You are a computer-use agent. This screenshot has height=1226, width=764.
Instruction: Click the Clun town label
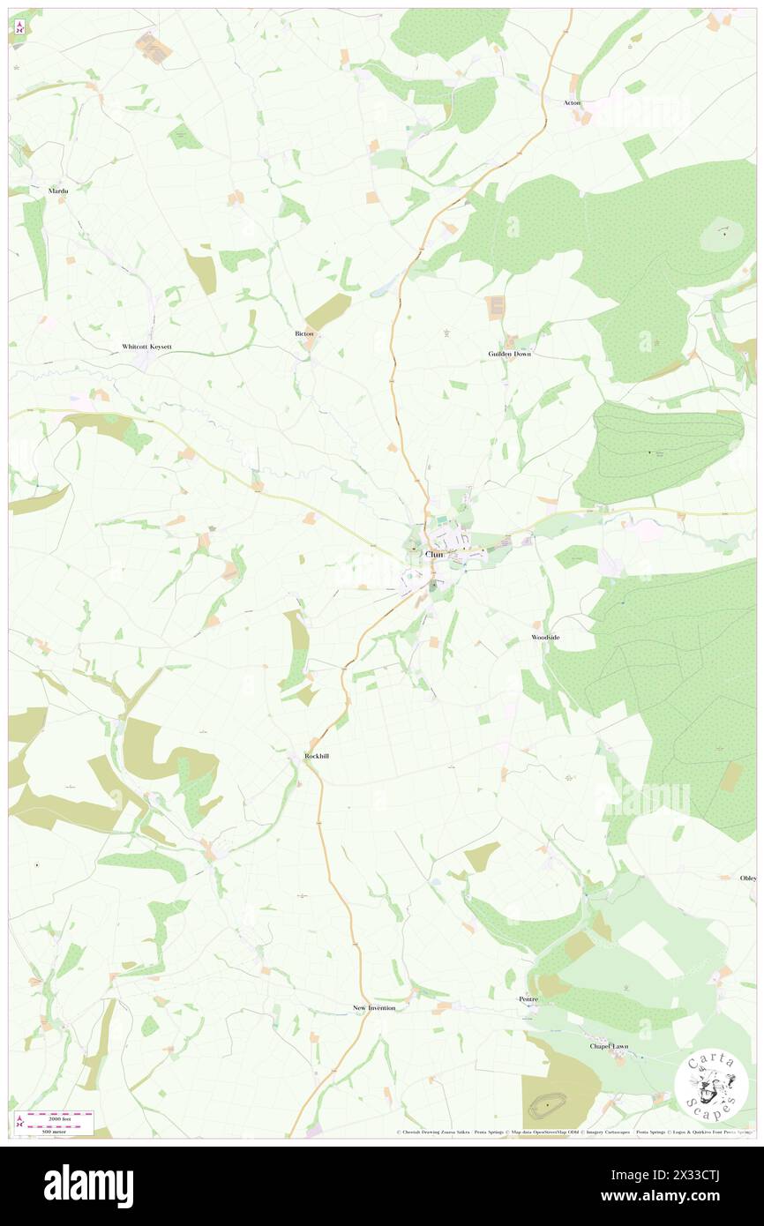(x=433, y=554)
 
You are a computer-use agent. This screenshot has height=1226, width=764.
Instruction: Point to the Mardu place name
(x=58, y=191)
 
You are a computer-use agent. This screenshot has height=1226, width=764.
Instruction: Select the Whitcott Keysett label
(x=146, y=348)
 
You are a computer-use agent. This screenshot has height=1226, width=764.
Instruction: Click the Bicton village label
(x=303, y=334)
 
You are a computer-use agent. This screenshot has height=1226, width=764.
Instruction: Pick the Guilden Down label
(x=510, y=354)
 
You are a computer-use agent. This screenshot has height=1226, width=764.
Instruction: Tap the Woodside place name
(x=545, y=637)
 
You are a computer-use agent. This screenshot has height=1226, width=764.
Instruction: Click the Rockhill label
(x=316, y=756)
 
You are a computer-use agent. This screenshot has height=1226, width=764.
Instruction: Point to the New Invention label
(x=374, y=1007)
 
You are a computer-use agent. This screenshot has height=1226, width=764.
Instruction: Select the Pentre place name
(x=528, y=999)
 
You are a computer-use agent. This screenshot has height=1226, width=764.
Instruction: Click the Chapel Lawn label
(x=610, y=1046)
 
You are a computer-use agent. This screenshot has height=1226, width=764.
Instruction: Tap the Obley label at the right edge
(x=748, y=878)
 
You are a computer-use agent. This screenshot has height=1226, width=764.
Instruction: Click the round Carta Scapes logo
(x=711, y=1084)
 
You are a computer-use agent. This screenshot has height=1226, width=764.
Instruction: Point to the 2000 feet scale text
(x=62, y=1117)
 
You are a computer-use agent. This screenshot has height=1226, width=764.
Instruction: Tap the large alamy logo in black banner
(x=88, y=1185)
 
